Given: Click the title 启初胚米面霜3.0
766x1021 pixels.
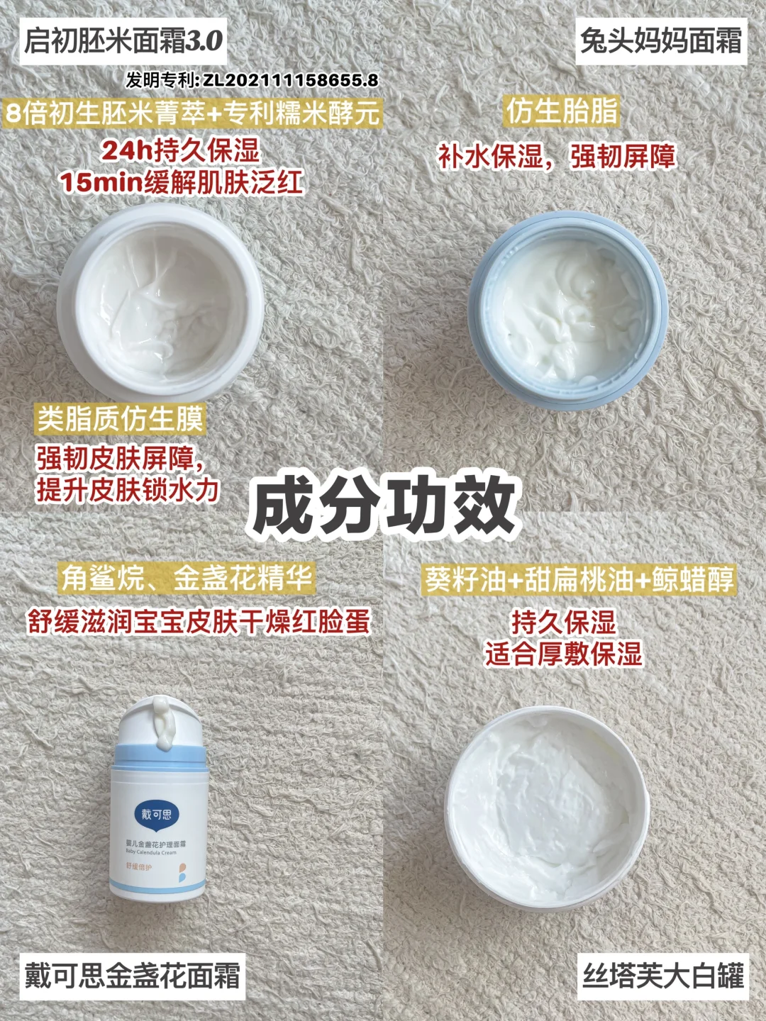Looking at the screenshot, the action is pyautogui.click(x=123, y=41).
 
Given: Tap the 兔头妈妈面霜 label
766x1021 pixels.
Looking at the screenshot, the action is pyautogui.click(x=661, y=41).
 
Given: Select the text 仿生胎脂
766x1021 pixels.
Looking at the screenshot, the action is pyautogui.click(x=562, y=111).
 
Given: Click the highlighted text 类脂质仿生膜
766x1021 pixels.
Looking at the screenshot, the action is pyautogui.click(x=121, y=419).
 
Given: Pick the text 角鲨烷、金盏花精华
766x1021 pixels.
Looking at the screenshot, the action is pyautogui.click(x=187, y=579).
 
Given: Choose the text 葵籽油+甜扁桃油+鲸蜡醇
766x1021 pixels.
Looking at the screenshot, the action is pyautogui.click(x=579, y=579).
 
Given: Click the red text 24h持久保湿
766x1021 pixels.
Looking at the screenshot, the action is pyautogui.click(x=180, y=151).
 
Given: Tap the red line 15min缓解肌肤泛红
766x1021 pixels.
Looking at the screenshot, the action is pyautogui.click(x=182, y=182).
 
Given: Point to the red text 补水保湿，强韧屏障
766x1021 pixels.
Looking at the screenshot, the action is pyautogui.click(x=556, y=156).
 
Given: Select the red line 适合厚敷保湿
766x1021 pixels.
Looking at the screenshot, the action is pyautogui.click(x=564, y=654).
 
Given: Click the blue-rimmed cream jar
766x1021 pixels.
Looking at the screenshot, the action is pyautogui.click(x=567, y=311).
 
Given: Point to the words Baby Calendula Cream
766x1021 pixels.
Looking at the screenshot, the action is pyautogui.click(x=151, y=852).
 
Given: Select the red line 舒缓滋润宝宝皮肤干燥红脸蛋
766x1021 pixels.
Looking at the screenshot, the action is pyautogui.click(x=199, y=621).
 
